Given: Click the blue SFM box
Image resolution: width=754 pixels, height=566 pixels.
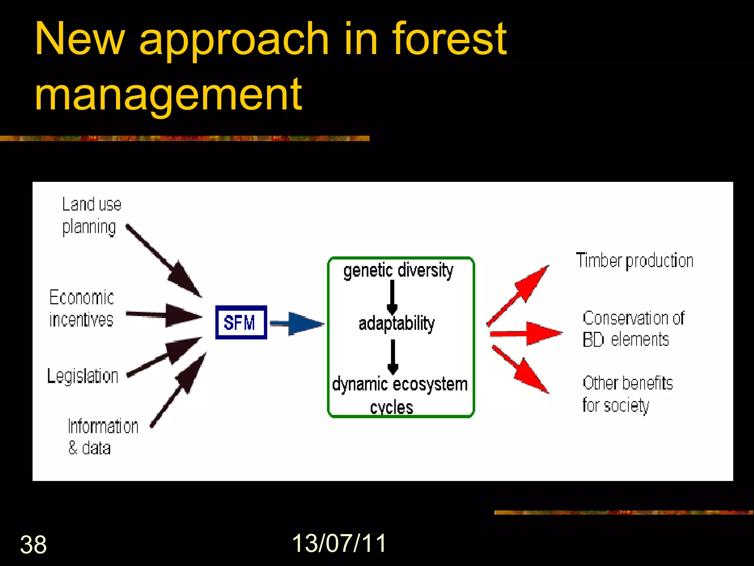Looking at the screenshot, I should point(241,322).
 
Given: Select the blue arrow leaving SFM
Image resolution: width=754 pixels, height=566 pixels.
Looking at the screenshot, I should point(297,324).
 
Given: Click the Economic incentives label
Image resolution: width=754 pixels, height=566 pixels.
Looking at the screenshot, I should point(81,308).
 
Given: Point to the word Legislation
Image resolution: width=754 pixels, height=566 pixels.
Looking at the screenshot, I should point(83,376).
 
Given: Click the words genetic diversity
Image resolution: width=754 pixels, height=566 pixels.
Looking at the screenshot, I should point(398,270).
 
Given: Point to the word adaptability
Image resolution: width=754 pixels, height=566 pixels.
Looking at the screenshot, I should point(397,324).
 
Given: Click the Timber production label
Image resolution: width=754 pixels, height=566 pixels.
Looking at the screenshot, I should point(634,261).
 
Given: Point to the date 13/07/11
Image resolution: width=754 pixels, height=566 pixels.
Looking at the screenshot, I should point(339,543).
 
